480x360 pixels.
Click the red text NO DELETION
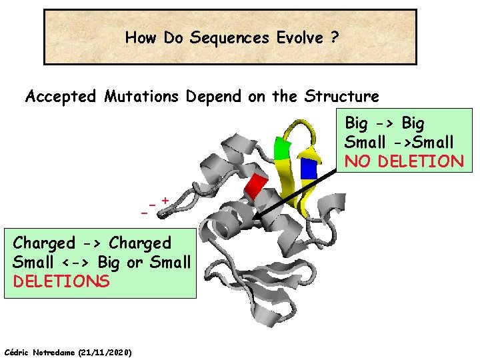(x=403, y=161)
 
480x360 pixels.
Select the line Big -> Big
(x=384, y=123)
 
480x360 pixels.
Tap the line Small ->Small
(x=399, y=142)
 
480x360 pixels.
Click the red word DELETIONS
(x=61, y=281)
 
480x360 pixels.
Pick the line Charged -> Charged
(x=92, y=243)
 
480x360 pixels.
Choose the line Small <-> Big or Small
(x=101, y=262)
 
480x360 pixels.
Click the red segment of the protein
(x=256, y=186)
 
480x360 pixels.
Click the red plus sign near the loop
(x=164, y=199)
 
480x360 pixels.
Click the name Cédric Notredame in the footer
(x=40, y=352)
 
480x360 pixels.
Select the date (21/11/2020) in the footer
(x=105, y=352)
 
